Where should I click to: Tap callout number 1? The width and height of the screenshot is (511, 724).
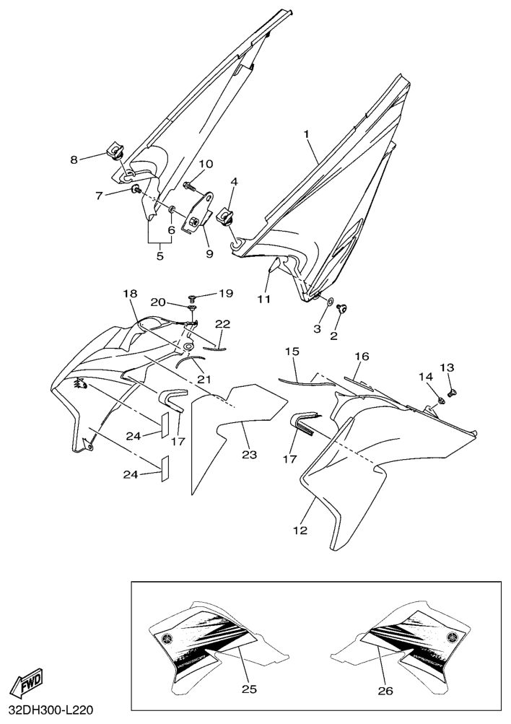tap(307, 134)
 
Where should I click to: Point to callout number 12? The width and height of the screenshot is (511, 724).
tap(300, 531)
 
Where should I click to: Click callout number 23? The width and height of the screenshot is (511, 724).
tap(249, 455)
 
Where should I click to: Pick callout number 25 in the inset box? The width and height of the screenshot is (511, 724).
tap(248, 689)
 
